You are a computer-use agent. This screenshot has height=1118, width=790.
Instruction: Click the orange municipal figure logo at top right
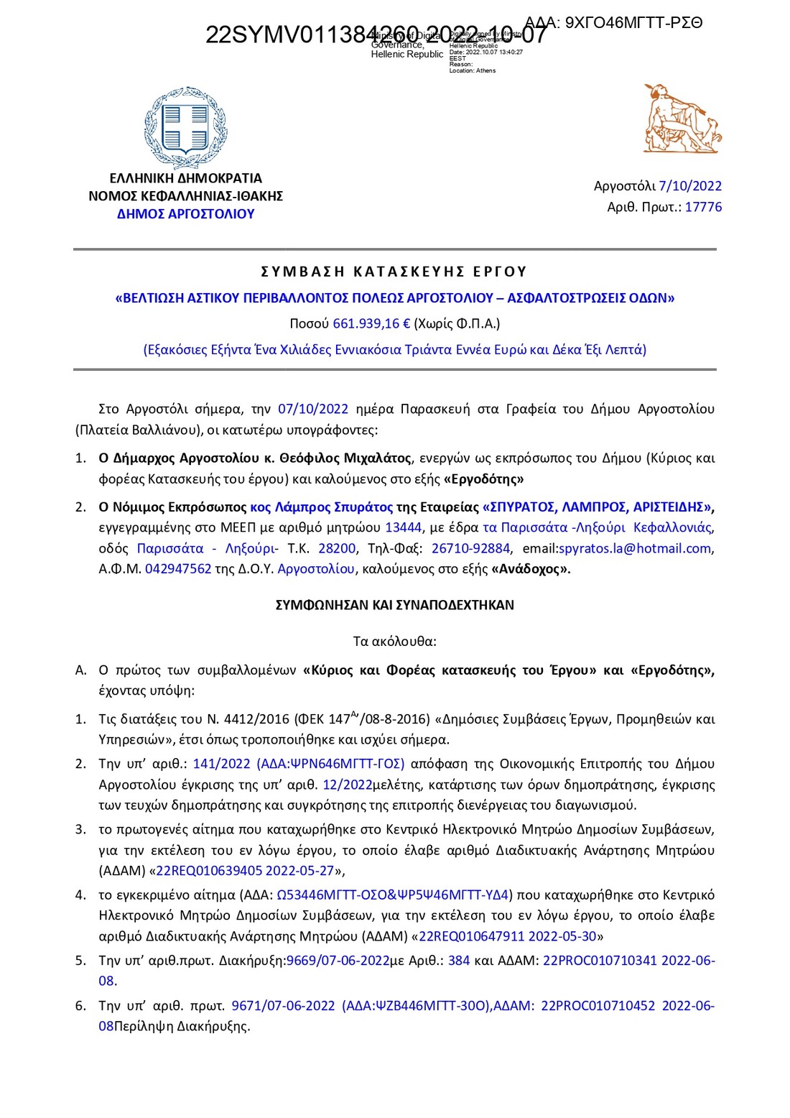coord(681,119)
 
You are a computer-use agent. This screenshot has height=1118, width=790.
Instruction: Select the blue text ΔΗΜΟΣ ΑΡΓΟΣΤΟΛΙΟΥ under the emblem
coord(185,214)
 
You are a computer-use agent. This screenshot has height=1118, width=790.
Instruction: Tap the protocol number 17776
coord(703,207)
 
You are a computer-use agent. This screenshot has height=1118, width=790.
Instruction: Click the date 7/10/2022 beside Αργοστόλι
coord(690,186)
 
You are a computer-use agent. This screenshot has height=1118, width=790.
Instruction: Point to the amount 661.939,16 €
coord(371,323)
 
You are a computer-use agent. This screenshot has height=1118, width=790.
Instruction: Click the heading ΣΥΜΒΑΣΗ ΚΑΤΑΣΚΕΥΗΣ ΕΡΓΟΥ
coord(394,272)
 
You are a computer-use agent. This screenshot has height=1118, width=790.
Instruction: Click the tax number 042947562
coord(178,569)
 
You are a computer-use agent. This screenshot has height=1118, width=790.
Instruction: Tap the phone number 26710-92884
coord(470,548)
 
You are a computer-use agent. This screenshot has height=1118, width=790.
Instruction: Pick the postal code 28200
coord(337,548)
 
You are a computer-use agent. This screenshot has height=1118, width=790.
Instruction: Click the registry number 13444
coord(403,527)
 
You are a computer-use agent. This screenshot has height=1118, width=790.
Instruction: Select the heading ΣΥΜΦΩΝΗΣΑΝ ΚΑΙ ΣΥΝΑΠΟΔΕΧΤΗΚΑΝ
coord(394,605)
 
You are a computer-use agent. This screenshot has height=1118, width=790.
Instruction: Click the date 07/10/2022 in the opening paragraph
coord(312,409)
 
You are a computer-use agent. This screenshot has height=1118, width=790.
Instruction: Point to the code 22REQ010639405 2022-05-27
coord(245,871)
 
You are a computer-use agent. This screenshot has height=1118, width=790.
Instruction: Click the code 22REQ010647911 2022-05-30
coord(507,936)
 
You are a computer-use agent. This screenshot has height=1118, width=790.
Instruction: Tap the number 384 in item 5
coord(459,961)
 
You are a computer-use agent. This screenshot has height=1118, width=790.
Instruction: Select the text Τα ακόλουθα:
coord(394,641)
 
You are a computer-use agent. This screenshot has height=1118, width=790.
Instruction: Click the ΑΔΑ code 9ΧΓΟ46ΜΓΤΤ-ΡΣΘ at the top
coord(633,22)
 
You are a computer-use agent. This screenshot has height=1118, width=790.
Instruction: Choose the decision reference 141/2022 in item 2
coord(221,764)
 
